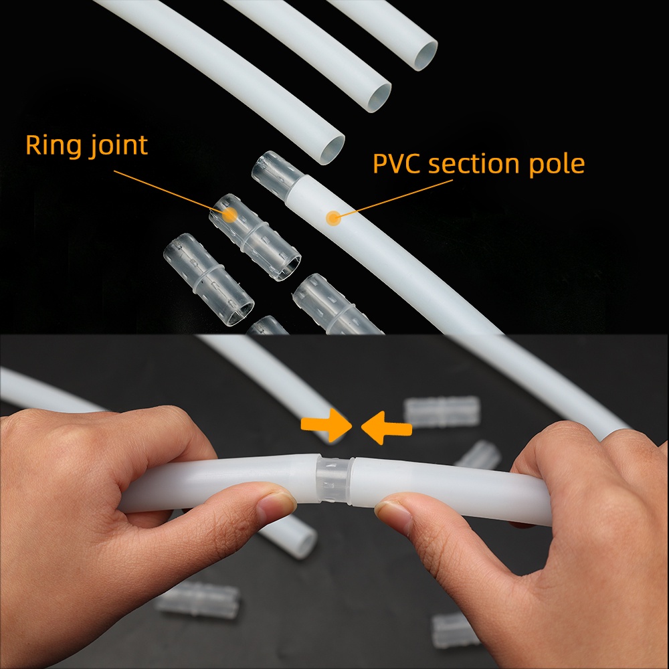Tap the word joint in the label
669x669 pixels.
pyautogui.click(x=118, y=146)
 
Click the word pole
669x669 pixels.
pyautogui.click(x=557, y=163)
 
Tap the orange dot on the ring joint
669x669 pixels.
pyautogui.click(x=229, y=215)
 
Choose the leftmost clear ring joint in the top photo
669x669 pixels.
pyautogui.click(x=209, y=280)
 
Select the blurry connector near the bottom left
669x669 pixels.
pyautogui.click(x=199, y=599)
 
